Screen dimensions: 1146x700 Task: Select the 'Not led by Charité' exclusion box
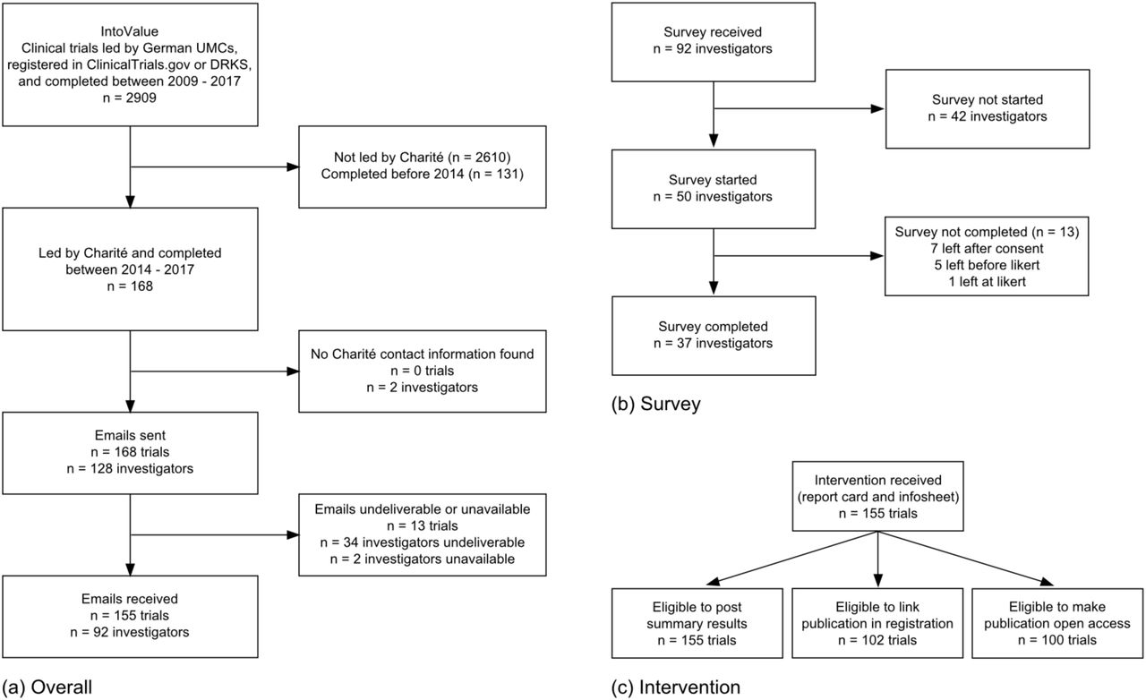[422, 166]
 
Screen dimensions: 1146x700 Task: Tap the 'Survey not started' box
[988, 109]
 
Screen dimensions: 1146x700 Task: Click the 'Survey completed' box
[714, 336]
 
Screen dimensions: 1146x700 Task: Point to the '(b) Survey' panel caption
[656, 404]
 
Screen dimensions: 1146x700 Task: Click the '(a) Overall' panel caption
[47, 687]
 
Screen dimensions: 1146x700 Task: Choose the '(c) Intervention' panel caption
[676, 687]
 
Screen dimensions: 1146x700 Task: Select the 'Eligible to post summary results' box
[697, 623]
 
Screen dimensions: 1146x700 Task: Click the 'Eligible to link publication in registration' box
[877, 623]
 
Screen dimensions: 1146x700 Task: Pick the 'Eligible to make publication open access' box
[1057, 623]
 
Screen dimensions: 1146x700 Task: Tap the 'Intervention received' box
[878, 496]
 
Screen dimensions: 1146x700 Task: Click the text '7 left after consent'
[987, 249]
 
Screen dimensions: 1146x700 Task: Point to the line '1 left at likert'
[987, 281]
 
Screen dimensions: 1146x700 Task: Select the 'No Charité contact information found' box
[422, 371]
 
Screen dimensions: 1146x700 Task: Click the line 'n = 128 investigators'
[130, 469]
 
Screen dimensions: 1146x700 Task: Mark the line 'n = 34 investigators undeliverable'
[422, 542]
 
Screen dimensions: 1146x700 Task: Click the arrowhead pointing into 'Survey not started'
[877, 108]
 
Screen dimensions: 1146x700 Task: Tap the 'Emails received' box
[130, 617]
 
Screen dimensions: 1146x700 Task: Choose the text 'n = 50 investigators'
[713, 197]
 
